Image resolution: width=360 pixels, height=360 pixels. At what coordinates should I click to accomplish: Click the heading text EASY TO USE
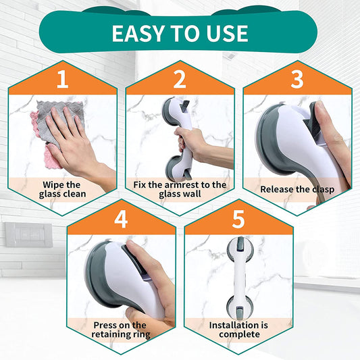tap(180, 32)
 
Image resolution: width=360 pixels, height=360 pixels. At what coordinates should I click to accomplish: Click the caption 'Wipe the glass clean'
tap(62, 190)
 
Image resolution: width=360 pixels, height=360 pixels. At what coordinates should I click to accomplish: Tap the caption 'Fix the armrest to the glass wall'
tap(180, 190)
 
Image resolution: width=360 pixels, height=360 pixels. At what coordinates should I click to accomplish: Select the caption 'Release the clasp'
tap(297, 190)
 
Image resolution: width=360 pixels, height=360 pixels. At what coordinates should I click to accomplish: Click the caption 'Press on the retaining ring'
tap(121, 330)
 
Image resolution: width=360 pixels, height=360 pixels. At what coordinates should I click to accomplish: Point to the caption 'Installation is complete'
tap(238, 330)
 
